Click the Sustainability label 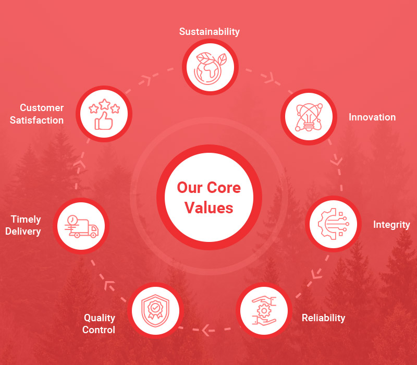tap(209, 32)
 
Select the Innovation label tap(372, 117)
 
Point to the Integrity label tap(391, 225)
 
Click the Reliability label tap(323, 318)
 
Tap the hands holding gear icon tap(264, 310)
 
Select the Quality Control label tap(99, 323)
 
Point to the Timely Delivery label tap(23, 225)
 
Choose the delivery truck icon tap(81, 226)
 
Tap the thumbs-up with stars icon tap(104, 114)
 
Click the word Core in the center tap(224, 187)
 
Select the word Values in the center tap(208, 208)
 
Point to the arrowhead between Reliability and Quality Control tap(207, 330)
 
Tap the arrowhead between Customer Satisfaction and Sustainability tap(146, 79)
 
